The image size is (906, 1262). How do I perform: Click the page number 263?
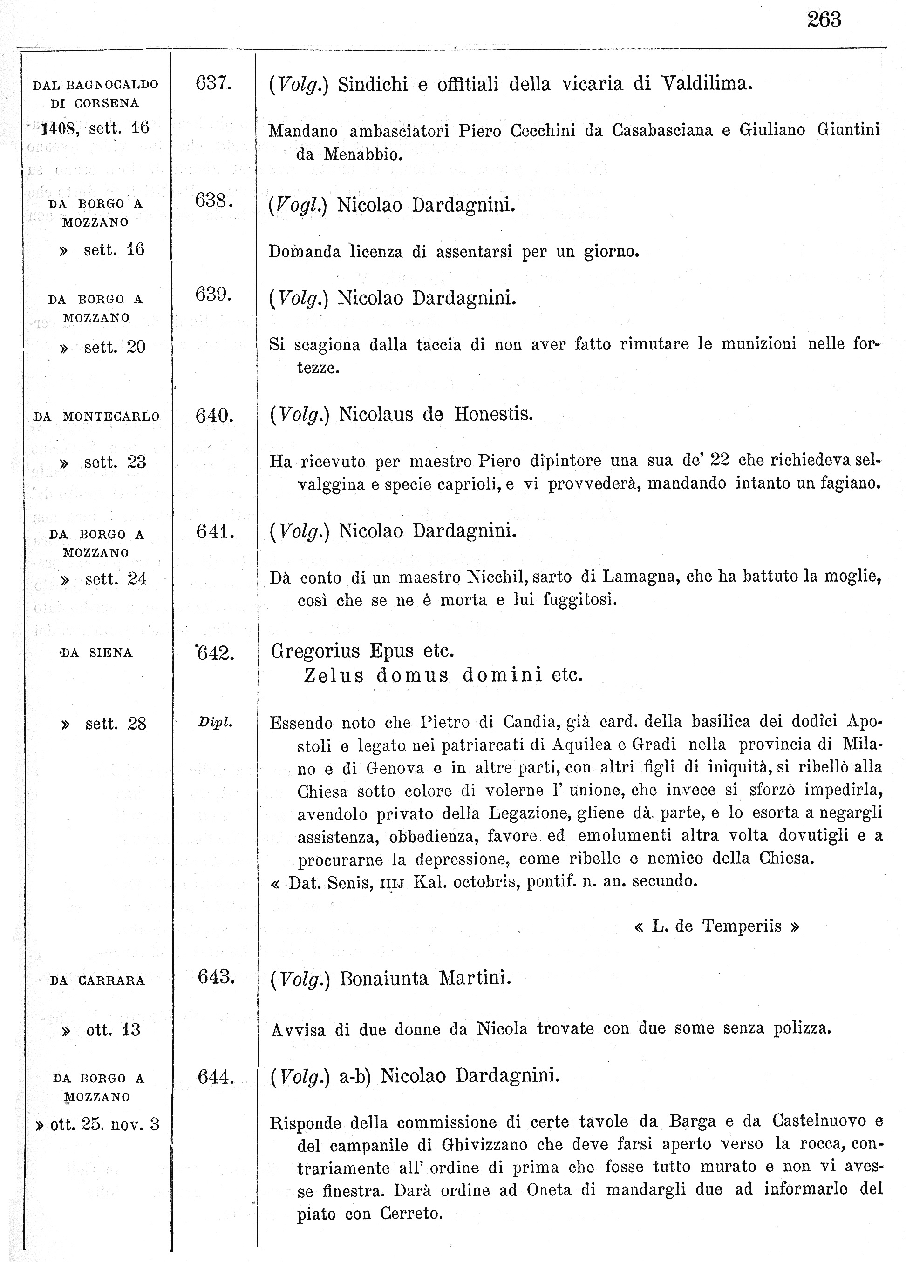pyautogui.click(x=824, y=20)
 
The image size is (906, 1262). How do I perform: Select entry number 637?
pyautogui.click(x=213, y=83)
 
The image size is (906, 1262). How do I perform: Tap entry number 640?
pyautogui.click(x=214, y=415)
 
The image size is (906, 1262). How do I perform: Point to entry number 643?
pyautogui.click(x=216, y=977)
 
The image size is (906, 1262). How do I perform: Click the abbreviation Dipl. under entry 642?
pyautogui.click(x=214, y=723)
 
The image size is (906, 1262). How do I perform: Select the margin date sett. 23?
pyautogui.click(x=115, y=462)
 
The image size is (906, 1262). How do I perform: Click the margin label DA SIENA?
pyautogui.click(x=96, y=653)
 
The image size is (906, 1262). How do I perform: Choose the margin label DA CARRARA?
pyautogui.click(x=97, y=980)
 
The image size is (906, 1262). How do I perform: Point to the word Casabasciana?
pyautogui.click(x=662, y=130)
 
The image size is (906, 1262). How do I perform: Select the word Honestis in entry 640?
pyautogui.click(x=493, y=415)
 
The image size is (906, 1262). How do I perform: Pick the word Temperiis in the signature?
pyautogui.click(x=742, y=926)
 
